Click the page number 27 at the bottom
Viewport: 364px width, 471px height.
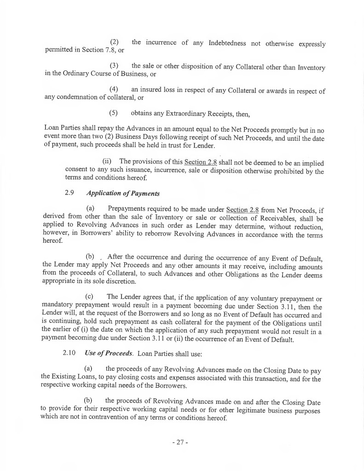coord(180,443)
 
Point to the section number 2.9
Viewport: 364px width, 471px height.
coord(70,194)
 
